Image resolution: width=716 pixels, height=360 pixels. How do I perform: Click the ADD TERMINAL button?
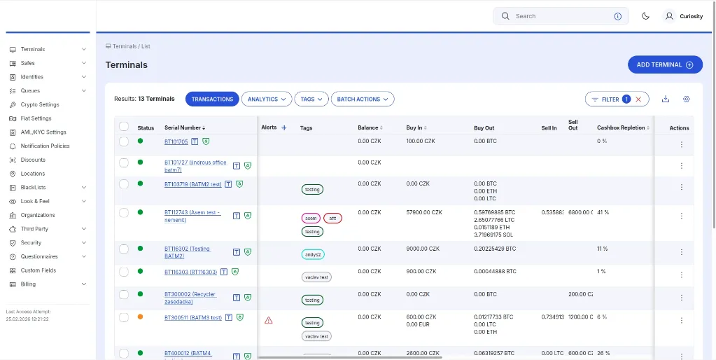click(664, 65)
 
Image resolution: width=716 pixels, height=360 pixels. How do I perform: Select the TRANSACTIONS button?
click(212, 99)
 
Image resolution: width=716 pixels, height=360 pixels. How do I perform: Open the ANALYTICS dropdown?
click(266, 99)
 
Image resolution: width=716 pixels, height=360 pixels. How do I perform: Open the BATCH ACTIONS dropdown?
click(362, 99)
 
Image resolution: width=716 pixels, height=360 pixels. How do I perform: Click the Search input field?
click(560, 16)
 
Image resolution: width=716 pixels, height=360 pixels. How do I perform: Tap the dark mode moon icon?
click(645, 16)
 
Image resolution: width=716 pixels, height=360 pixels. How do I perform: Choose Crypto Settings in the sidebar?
click(40, 105)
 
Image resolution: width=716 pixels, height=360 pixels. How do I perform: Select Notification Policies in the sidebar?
click(45, 146)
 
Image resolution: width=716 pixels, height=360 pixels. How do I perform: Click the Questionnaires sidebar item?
click(39, 256)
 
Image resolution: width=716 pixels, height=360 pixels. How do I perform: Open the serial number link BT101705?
click(176, 141)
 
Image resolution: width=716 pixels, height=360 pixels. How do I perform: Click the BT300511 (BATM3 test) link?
click(192, 318)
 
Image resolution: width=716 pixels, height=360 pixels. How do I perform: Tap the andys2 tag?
click(313, 254)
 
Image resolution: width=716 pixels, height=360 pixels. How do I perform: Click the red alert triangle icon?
click(268, 320)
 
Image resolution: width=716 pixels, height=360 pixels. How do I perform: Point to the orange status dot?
click(140, 317)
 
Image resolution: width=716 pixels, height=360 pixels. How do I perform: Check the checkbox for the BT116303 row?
click(124, 271)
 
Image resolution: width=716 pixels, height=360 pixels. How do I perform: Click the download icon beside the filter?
click(665, 99)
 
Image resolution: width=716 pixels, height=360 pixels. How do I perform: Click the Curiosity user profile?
click(683, 16)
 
